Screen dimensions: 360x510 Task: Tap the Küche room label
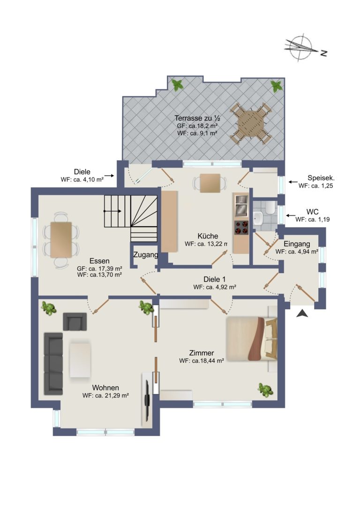coord(208,236)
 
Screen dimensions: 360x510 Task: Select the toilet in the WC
coord(270,207)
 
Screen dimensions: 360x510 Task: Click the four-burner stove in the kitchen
coord(241,228)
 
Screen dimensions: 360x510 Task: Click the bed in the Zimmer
coord(252,339)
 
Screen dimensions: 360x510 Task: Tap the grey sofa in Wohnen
coord(53,363)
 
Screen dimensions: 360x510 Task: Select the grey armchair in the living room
coord(75,321)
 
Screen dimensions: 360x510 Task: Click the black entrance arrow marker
coord(302,313)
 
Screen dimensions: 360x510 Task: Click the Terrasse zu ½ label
coord(197,118)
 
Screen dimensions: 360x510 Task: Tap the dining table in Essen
coord(61,240)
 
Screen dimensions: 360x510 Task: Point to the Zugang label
coord(146,255)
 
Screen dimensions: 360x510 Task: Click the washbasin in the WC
coord(258,218)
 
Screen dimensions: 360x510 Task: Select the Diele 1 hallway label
coord(214,279)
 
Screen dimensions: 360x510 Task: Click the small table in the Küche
coord(210,183)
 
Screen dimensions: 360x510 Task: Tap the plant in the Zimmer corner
coord(265,390)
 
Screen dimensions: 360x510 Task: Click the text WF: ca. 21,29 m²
coord(105,396)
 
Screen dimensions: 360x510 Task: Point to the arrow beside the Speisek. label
coord(293,182)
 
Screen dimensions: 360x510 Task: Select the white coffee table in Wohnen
coord(80,360)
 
